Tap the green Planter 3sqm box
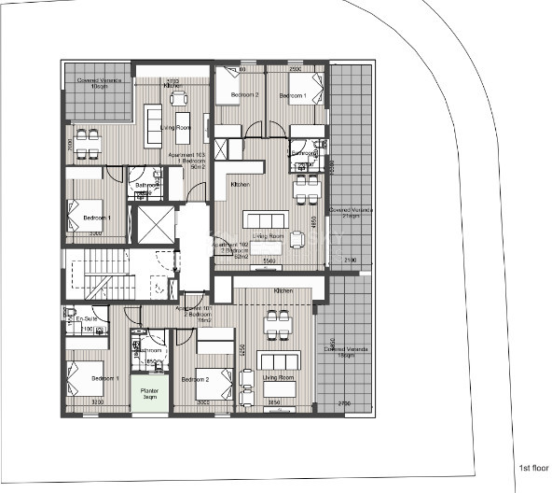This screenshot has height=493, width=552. (x=149, y=394)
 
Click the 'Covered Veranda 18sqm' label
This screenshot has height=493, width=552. (x=346, y=353)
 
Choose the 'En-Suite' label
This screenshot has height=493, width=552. (x=86, y=319)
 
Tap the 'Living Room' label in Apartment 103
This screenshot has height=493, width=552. (x=175, y=127)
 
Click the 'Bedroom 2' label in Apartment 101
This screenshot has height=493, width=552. (x=195, y=379)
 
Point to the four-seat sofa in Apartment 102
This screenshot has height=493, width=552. (x=263, y=218)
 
